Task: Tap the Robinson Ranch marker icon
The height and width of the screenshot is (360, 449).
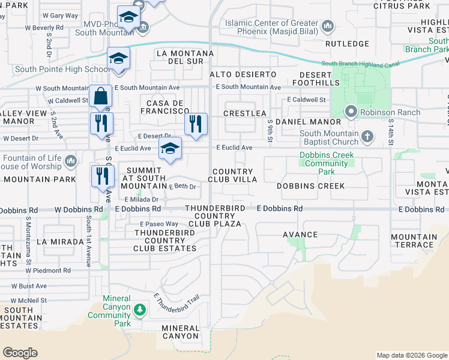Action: click(351, 111)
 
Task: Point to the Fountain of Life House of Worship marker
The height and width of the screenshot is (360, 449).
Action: click(71, 160)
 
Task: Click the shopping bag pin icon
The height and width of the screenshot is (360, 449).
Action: click(100, 96)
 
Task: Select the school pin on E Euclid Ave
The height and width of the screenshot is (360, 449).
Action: click(170, 149)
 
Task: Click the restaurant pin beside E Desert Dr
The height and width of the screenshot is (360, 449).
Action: click(196, 124)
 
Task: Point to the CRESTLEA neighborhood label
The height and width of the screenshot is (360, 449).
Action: click(244, 113)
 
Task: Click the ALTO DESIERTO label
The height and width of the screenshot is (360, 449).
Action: click(243, 74)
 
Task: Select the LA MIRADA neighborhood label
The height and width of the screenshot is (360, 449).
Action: click(60, 242)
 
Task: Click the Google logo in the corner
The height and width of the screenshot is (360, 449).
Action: click(20, 353)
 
